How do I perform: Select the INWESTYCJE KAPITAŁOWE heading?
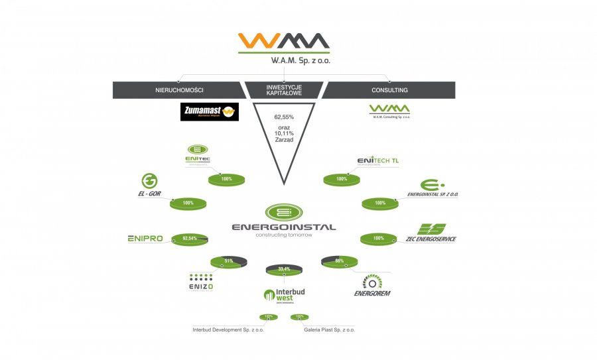click(x=284, y=90)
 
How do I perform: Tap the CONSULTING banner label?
click(x=390, y=90)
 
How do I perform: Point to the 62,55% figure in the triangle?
click(x=284, y=117)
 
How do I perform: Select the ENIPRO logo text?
click(x=145, y=239)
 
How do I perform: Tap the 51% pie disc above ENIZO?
click(x=228, y=262)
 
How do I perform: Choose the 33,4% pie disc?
click(x=283, y=269)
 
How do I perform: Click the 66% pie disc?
click(x=339, y=262)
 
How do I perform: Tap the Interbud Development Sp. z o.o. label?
click(x=228, y=330)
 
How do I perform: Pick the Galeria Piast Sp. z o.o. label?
click(x=330, y=330)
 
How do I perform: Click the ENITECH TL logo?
click(x=377, y=161)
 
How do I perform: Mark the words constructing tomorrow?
click(x=284, y=235)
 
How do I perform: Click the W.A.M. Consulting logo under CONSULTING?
click(x=389, y=111)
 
